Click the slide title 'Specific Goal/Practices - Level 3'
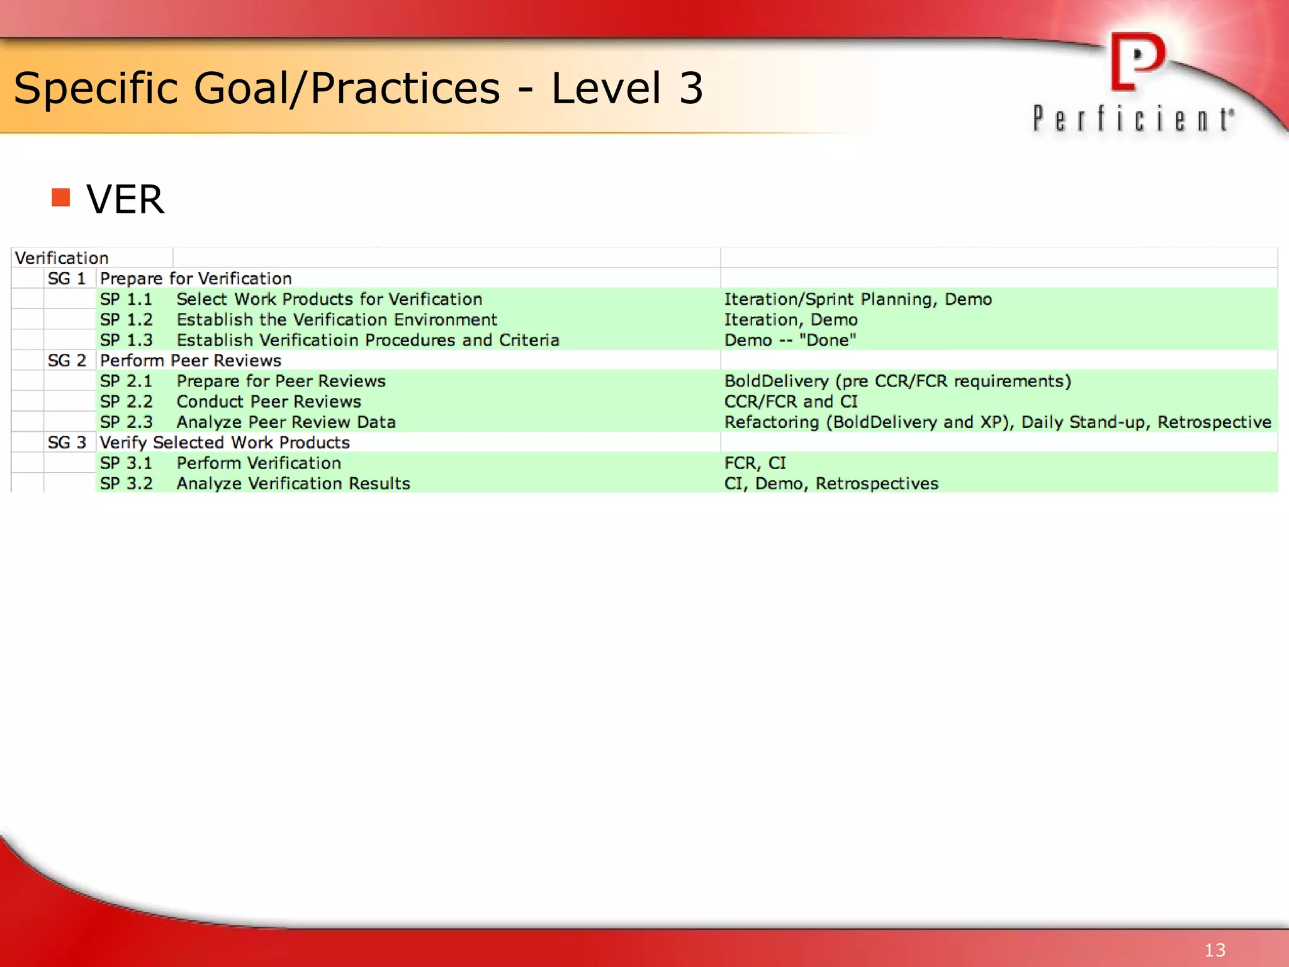[x=357, y=88]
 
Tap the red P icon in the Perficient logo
[x=1137, y=62]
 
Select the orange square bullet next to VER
[x=61, y=198]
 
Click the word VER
[x=125, y=200]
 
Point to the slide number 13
[x=1215, y=950]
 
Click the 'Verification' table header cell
[x=62, y=258]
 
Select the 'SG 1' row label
[x=67, y=279]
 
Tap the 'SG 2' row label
[x=67, y=361]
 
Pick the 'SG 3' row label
[x=67, y=443]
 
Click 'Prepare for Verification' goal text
[x=196, y=279]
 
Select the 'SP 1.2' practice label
[x=126, y=320]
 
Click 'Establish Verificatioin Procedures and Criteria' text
[x=368, y=341]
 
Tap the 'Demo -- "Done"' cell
[x=790, y=341]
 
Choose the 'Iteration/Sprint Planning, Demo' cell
[x=858, y=300]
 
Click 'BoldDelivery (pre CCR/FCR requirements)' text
[x=898, y=382]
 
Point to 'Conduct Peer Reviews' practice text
[x=269, y=402]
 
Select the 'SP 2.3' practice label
[x=126, y=422]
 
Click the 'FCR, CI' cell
[x=755, y=463]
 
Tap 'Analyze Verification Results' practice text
[x=293, y=483]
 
